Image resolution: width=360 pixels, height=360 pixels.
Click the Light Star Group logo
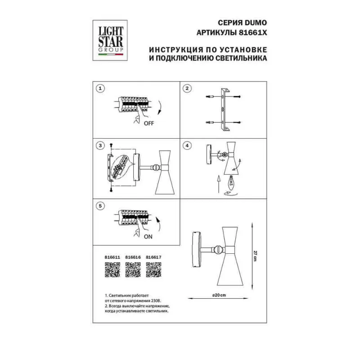(x=110, y=40)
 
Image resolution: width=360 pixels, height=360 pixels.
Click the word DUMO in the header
(x=256, y=23)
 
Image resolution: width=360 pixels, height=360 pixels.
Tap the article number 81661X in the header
(x=253, y=33)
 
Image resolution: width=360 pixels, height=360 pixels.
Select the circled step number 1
(x=100, y=88)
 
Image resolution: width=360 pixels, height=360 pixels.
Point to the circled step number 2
(x=187, y=88)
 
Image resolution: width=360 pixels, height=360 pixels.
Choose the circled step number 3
(x=100, y=145)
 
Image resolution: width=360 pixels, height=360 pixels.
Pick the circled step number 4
(x=187, y=145)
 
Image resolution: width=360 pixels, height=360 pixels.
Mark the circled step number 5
(x=100, y=206)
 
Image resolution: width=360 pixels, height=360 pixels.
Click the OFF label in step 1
(x=149, y=123)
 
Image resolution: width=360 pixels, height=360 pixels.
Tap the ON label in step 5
(x=148, y=237)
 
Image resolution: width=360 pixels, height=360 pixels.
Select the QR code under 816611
(x=112, y=270)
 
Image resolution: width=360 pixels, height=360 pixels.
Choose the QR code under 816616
(x=133, y=270)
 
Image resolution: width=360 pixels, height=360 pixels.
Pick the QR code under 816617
(x=153, y=270)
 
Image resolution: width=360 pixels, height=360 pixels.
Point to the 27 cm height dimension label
(x=255, y=256)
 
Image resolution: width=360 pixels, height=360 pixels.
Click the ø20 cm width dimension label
(x=219, y=295)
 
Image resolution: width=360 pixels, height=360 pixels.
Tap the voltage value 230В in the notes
(x=156, y=301)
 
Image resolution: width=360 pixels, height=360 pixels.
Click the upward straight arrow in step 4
(x=219, y=184)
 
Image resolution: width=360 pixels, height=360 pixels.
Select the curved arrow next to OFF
(x=159, y=108)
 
